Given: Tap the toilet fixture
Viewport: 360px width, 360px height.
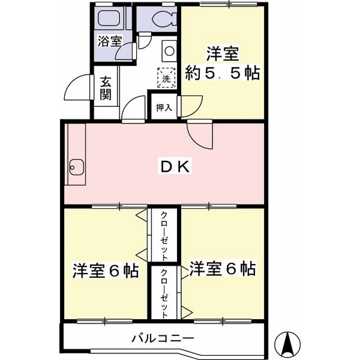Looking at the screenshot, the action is (x=164, y=18).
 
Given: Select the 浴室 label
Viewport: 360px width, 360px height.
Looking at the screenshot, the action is (x=110, y=41).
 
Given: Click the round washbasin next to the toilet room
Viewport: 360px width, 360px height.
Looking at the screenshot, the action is (x=169, y=51).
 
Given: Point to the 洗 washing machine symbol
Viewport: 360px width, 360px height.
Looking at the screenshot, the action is (x=166, y=78).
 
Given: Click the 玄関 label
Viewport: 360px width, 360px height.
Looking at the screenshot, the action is (x=106, y=88).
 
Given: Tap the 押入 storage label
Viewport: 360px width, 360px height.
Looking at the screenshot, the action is (x=164, y=107).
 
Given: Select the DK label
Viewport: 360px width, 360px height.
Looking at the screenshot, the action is (x=175, y=166).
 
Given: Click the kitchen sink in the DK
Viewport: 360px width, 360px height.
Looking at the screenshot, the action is (x=77, y=167).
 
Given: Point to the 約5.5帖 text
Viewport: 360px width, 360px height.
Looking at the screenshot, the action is (x=222, y=73).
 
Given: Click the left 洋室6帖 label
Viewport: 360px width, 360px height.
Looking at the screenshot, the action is (x=106, y=271).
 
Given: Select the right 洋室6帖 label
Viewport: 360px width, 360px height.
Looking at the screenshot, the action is (x=222, y=268).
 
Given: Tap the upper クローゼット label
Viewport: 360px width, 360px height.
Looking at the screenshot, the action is (x=164, y=236).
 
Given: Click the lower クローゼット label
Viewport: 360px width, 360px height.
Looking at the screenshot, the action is (x=164, y=293).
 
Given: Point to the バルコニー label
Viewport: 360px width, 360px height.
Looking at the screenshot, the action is (x=163, y=338).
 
